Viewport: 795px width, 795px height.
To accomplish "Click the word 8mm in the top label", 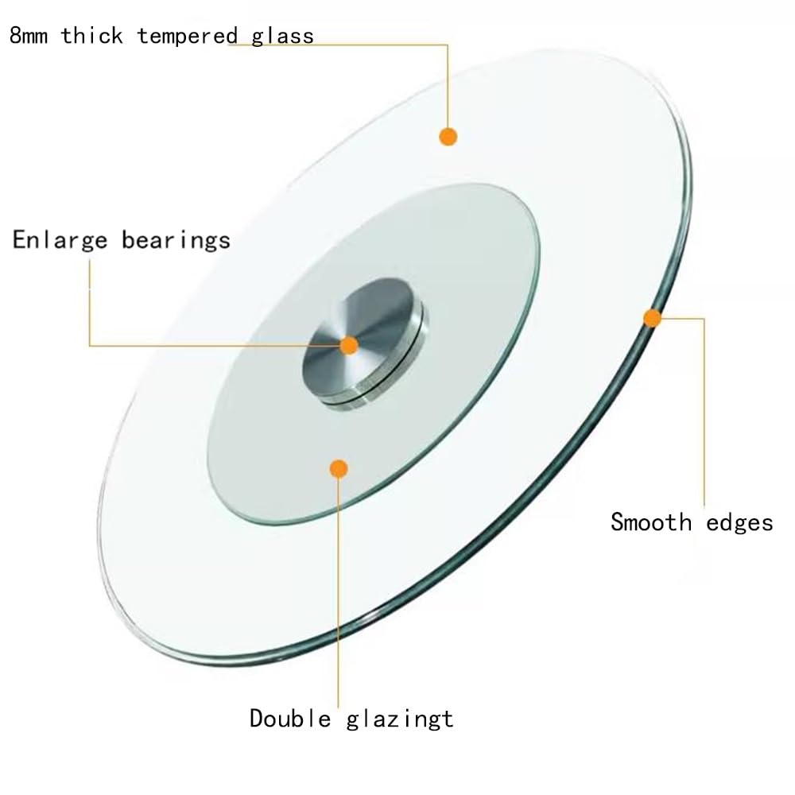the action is tap(29, 36).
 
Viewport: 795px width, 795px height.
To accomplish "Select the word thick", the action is tap(91, 36).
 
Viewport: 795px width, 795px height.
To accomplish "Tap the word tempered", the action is tap(187, 36).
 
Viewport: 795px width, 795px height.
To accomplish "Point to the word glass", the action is tap(282, 36).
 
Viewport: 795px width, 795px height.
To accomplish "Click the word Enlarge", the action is tap(60, 240).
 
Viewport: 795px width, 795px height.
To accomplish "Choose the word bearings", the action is tap(176, 240).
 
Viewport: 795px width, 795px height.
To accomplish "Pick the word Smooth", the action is tap(651, 522).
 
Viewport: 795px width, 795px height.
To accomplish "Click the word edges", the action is tap(739, 523).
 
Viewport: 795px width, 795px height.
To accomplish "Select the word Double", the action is tap(290, 719).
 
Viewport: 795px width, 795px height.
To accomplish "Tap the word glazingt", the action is tap(400, 719).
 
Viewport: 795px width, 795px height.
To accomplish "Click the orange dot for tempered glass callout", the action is tap(448, 137).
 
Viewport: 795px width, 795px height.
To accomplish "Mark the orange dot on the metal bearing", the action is tap(349, 346).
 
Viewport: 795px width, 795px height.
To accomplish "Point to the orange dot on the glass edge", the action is tap(653, 319).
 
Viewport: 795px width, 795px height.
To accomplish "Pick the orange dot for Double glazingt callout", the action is tap(339, 469).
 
